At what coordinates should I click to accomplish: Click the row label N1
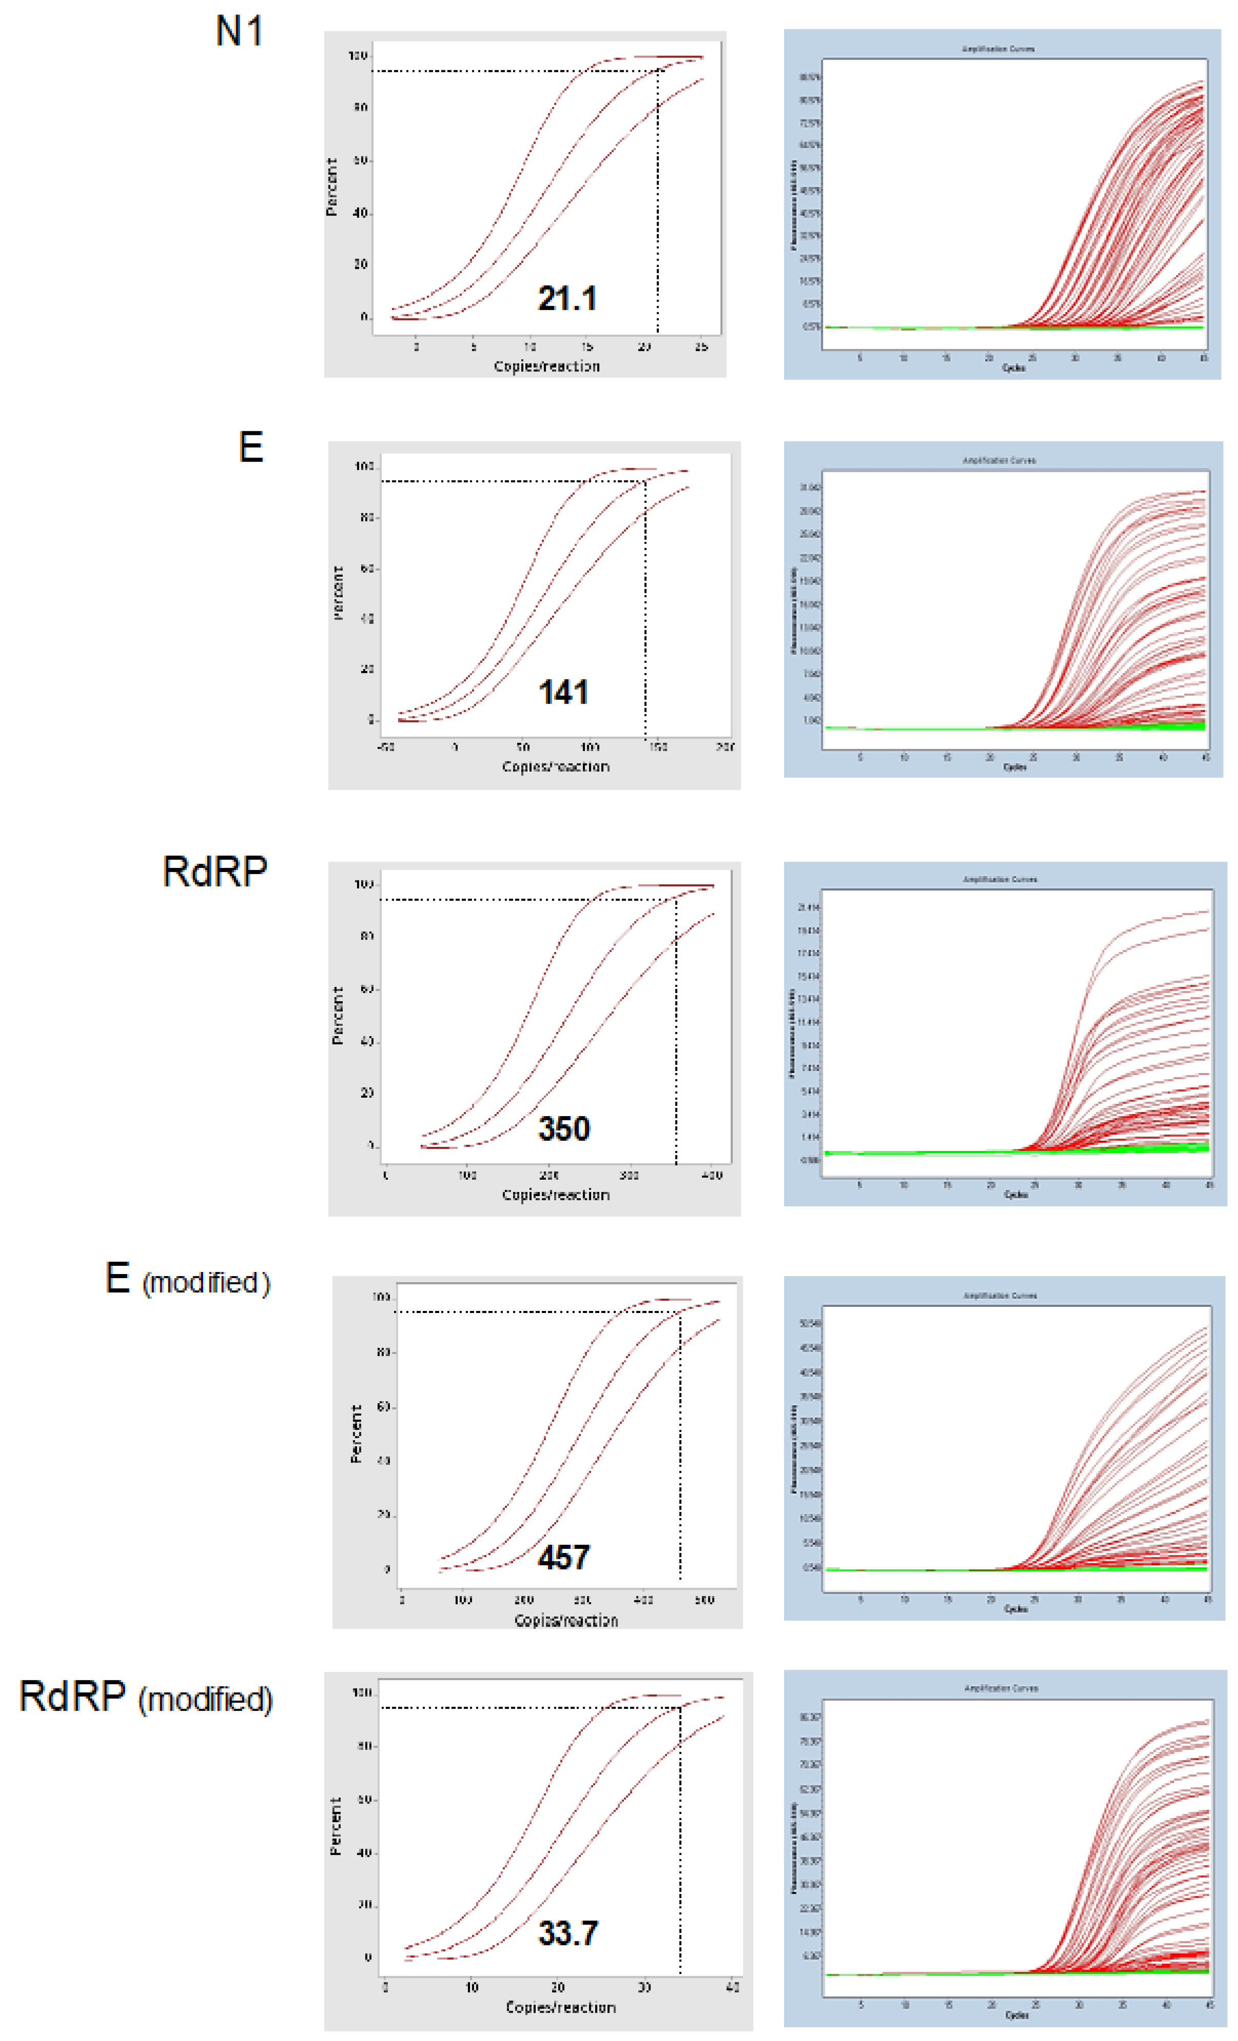click(x=240, y=31)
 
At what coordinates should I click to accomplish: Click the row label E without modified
click(x=251, y=448)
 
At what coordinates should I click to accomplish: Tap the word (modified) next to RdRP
click(x=205, y=1700)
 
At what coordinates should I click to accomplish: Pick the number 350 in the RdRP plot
click(x=564, y=1129)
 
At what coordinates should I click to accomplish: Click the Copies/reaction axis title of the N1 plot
click(x=547, y=366)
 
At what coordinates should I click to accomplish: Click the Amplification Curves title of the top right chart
click(x=998, y=49)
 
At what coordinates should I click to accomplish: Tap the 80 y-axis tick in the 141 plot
click(x=367, y=518)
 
